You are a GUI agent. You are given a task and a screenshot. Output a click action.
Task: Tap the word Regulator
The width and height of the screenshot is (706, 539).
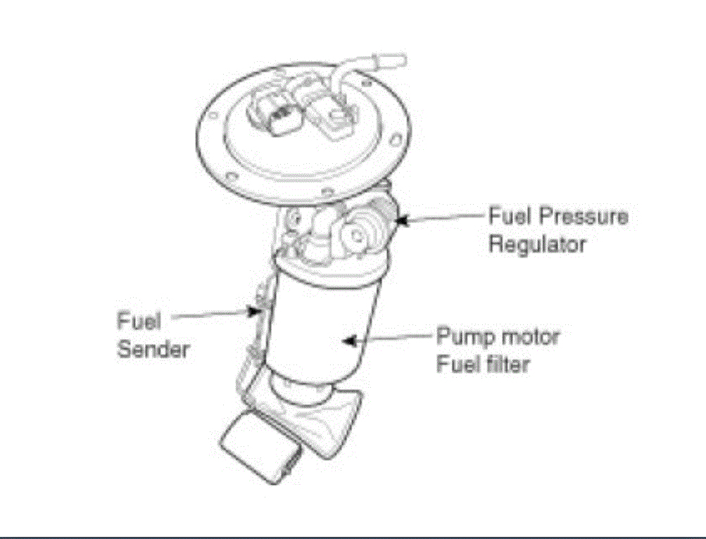click(536, 245)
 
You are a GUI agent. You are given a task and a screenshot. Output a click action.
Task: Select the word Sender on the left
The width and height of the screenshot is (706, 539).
click(153, 349)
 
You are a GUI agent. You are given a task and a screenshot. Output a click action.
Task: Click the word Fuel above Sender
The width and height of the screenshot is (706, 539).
click(139, 322)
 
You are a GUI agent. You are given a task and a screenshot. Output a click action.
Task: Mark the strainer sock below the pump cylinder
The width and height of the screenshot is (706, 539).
click(324, 415)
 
